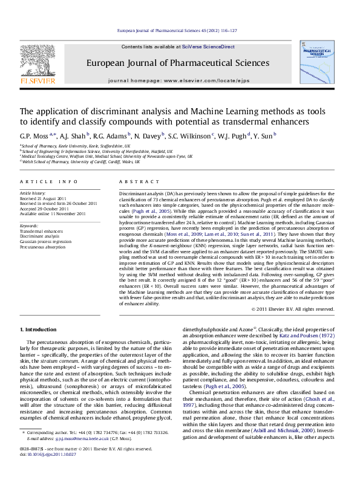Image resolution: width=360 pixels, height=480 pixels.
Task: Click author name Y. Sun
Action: tap(250, 137)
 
